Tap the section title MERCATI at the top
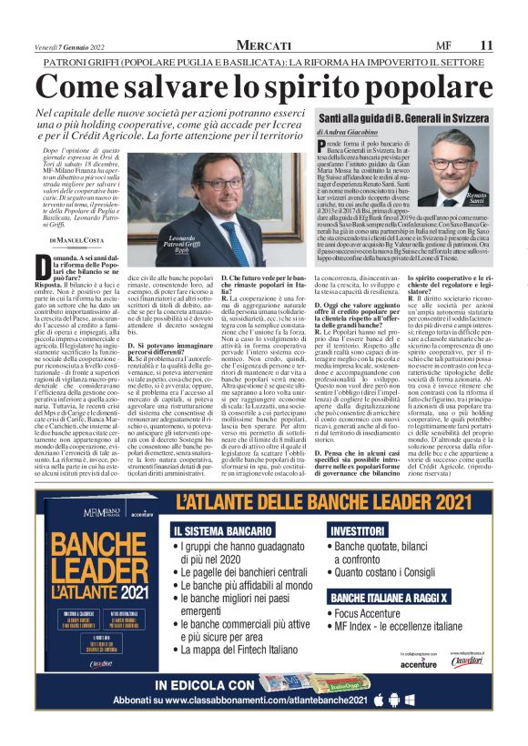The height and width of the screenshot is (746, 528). pyautogui.click(x=263, y=45)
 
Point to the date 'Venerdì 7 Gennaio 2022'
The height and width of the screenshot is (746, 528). pyautogui.click(x=70, y=45)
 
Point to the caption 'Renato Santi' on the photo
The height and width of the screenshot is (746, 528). pyautogui.click(x=475, y=197)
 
